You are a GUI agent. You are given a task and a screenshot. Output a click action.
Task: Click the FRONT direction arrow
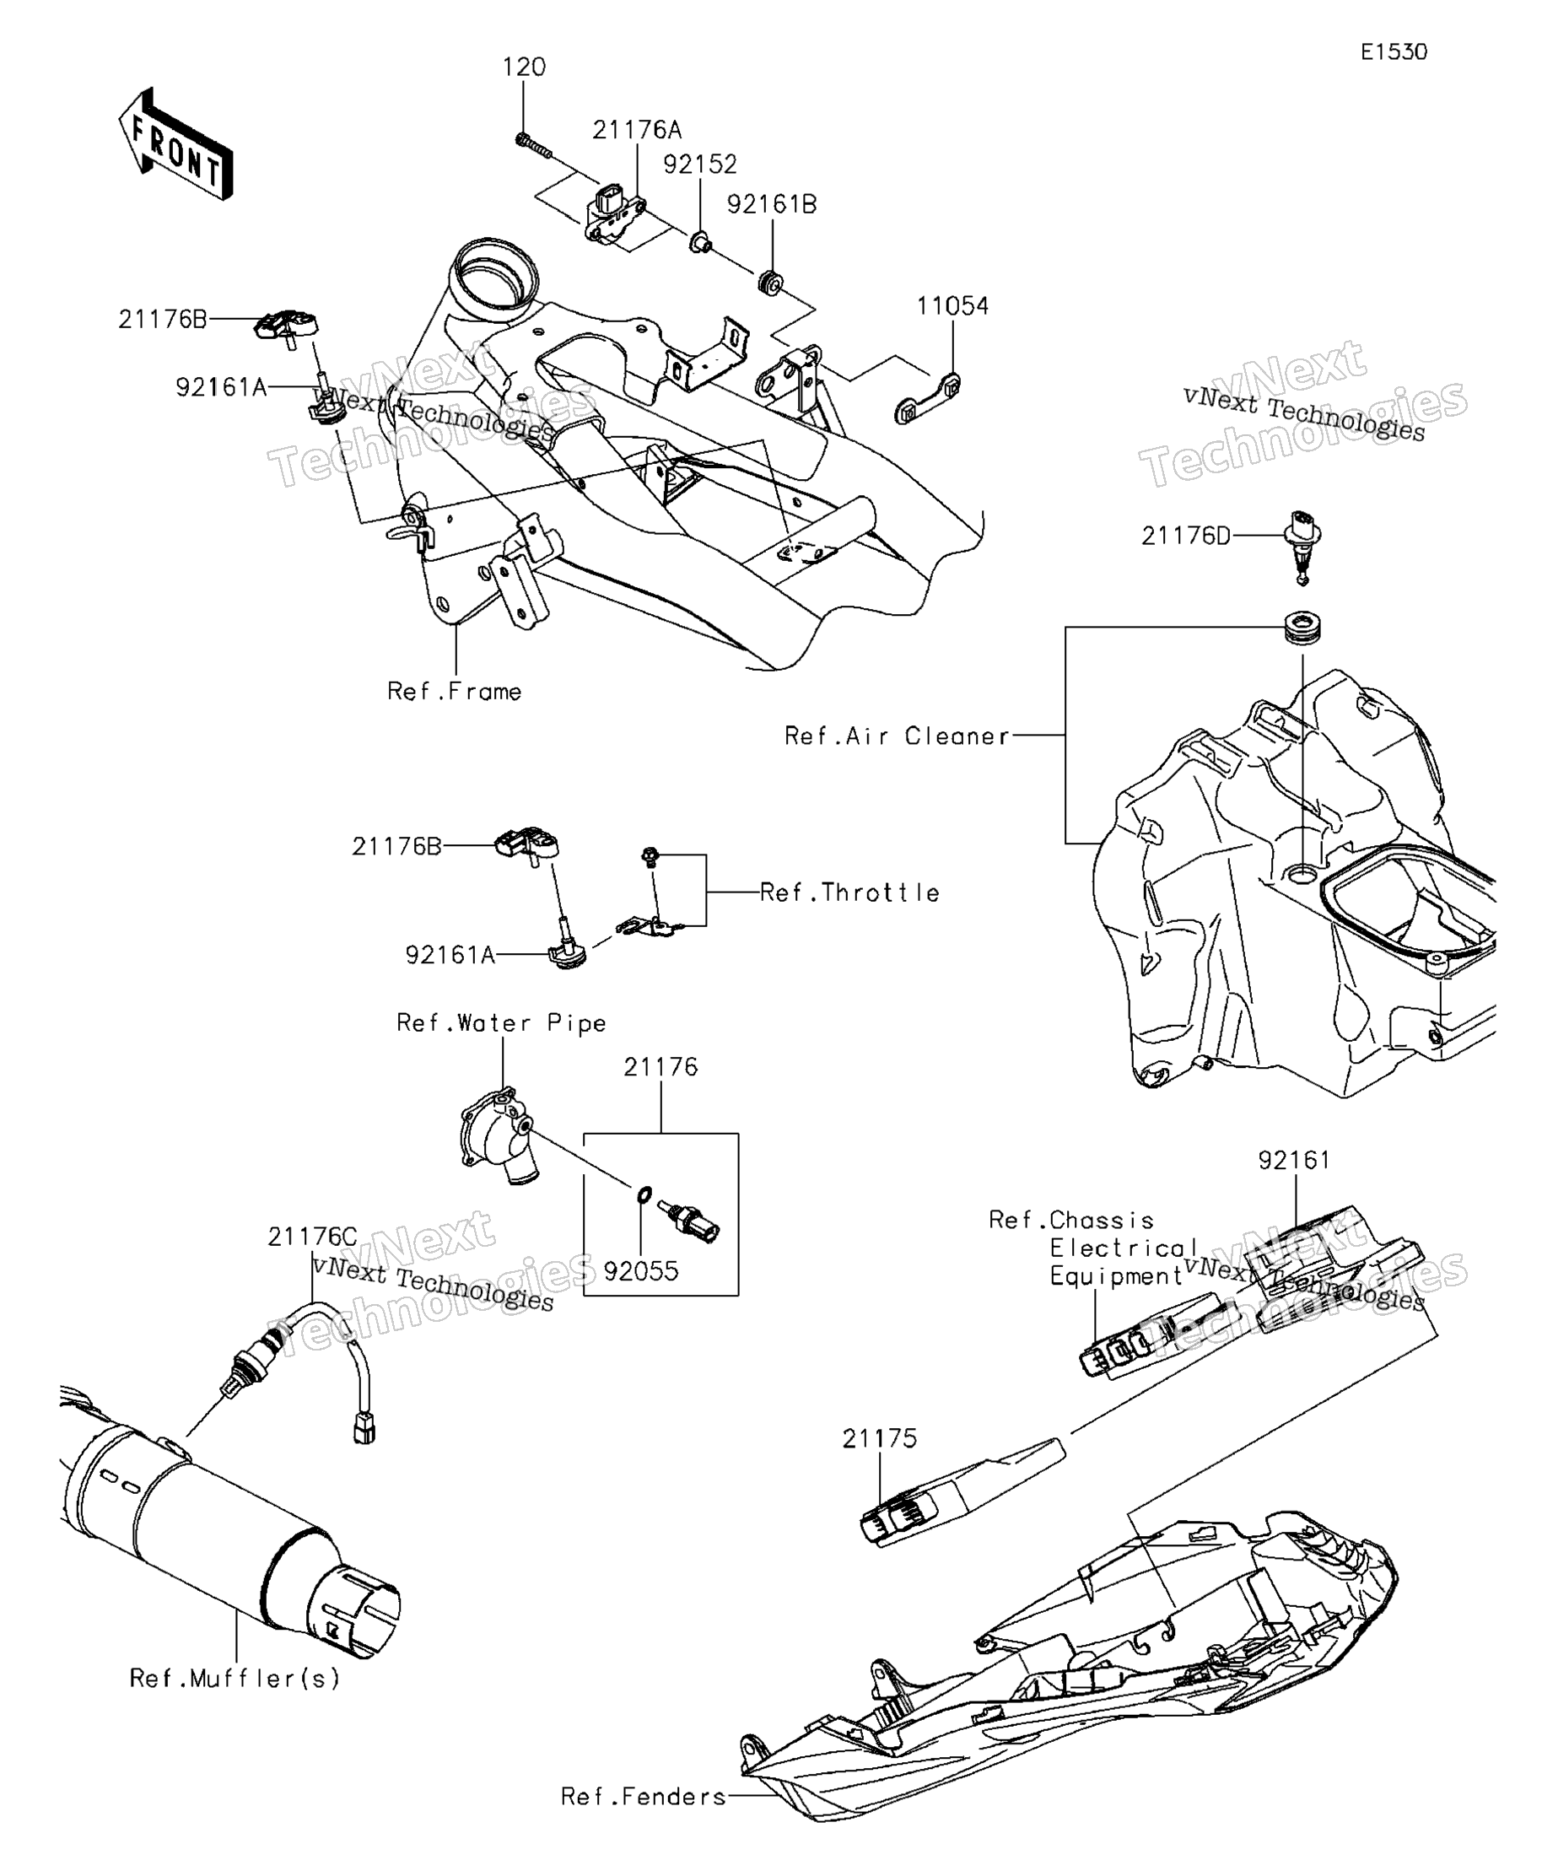175,143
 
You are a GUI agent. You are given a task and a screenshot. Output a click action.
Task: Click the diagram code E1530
1394,52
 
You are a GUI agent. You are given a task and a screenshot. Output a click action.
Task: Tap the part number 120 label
525,67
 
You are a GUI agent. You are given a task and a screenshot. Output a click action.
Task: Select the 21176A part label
637,130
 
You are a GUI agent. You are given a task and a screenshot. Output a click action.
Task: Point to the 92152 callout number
701,164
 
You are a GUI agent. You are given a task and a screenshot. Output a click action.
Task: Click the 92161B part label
772,205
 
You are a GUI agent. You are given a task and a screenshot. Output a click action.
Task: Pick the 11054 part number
952,306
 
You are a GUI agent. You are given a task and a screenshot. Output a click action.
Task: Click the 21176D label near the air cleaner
1186,536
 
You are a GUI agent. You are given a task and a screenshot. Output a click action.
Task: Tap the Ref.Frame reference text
455,692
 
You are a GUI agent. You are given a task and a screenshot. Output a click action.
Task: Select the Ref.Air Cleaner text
898,736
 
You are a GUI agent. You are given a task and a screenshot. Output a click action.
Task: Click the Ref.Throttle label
850,892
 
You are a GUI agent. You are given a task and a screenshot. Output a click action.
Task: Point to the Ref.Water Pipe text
501,1023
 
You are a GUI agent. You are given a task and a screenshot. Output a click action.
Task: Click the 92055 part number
641,1272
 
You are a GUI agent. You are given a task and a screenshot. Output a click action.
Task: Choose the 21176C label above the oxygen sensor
313,1237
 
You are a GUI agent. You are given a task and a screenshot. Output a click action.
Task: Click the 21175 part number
880,1439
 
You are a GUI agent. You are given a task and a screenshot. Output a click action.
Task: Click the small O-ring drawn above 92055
644,1197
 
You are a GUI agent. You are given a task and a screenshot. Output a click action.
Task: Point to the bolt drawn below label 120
532,146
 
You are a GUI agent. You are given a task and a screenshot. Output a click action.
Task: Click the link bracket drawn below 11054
926,400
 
